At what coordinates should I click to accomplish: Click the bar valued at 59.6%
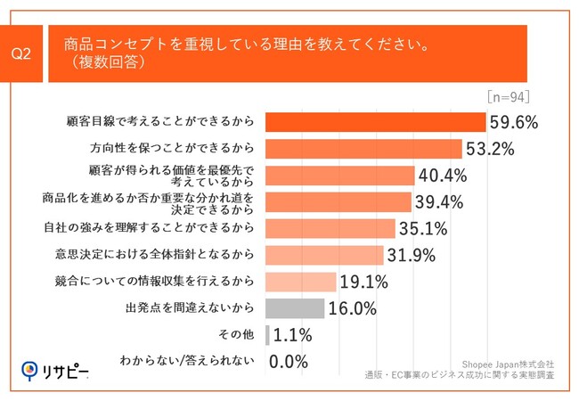(375, 122)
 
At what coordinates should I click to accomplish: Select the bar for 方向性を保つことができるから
(363, 149)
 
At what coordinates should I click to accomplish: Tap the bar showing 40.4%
(339, 175)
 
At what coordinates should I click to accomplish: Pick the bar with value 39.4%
(338, 201)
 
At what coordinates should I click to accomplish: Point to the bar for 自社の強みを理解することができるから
(330, 228)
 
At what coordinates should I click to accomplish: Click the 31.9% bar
(324, 255)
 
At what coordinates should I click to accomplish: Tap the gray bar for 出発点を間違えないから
(295, 308)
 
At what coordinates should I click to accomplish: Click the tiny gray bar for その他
(267, 335)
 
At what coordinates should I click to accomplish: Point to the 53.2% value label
(490, 149)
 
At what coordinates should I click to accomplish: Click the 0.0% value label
(289, 362)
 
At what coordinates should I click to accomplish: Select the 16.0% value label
(353, 308)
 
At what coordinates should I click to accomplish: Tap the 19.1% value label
(363, 282)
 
